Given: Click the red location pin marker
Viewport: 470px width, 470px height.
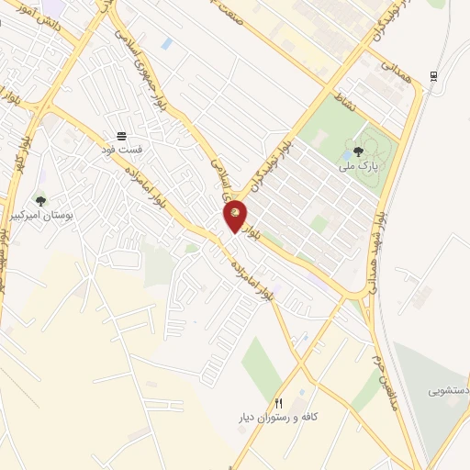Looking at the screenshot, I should tap(236, 217).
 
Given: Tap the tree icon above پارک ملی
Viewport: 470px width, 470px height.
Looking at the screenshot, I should tap(357, 151).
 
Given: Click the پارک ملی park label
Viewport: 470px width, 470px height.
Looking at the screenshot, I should tap(357, 166).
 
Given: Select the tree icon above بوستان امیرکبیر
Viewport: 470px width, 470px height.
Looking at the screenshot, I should tap(39, 199).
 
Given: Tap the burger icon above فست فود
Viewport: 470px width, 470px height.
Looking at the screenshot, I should tap(122, 136).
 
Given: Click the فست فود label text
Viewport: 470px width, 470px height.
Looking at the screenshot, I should tap(122, 148).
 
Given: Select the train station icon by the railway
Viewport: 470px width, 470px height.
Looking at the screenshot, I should tap(433, 75).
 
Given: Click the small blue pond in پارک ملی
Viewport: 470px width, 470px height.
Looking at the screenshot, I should tap(348, 147).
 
